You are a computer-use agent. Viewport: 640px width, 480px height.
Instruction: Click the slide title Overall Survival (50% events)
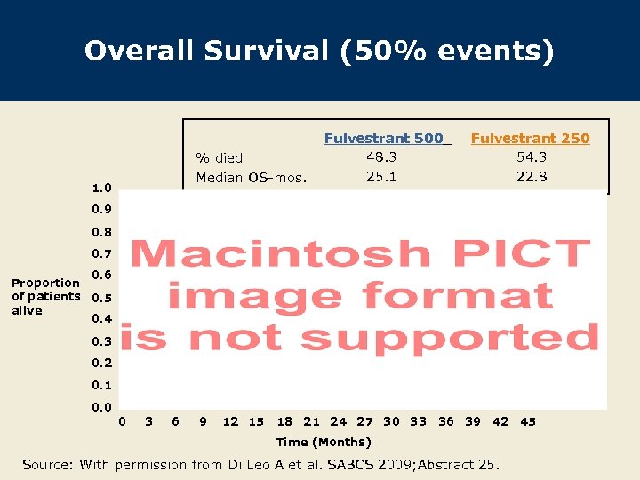319,51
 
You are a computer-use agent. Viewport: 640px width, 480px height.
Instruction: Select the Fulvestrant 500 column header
388,138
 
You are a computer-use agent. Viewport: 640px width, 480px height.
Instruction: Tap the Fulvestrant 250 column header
530,138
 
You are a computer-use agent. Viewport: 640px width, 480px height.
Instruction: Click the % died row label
219,158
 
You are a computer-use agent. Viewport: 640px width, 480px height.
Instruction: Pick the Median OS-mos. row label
251,177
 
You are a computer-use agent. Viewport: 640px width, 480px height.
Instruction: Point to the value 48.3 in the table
381,156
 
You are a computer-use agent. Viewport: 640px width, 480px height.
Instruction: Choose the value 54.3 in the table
532,156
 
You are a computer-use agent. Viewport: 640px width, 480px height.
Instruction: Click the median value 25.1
381,176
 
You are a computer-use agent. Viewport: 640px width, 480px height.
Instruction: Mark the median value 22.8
532,176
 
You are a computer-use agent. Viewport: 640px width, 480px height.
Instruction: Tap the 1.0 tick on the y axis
101,188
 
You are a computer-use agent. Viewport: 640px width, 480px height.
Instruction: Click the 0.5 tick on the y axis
101,298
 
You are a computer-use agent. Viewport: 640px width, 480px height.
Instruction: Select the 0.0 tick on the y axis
101,407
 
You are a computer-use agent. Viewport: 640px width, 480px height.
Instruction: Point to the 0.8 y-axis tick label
101,232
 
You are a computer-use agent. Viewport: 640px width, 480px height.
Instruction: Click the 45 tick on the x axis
528,421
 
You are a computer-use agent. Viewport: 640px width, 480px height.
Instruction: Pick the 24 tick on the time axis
339,421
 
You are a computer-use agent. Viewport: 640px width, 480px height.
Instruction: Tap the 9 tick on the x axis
204,421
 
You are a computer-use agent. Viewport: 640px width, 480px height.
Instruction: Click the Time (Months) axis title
324,442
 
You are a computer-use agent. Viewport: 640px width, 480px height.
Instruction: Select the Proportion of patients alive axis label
45,297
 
